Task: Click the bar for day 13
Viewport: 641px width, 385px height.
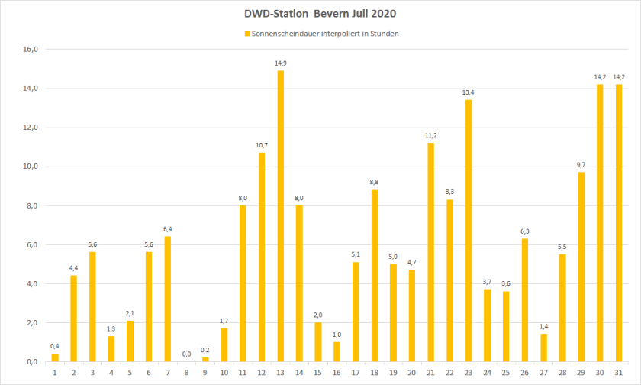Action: (x=281, y=216)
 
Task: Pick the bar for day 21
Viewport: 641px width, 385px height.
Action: (x=431, y=252)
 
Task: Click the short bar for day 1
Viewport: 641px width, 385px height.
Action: (x=55, y=357)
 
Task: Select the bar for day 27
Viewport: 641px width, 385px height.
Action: (x=543, y=348)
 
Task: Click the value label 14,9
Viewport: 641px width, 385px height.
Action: (x=281, y=63)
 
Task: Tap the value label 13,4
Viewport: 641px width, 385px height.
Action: (x=469, y=92)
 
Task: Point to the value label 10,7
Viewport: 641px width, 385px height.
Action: (x=262, y=145)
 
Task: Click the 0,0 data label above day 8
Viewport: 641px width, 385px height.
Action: (x=186, y=354)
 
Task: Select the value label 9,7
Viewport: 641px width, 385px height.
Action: (x=581, y=165)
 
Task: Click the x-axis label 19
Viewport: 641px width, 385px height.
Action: (x=394, y=373)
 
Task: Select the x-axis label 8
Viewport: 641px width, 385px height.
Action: (x=186, y=373)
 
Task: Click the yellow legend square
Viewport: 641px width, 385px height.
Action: (x=246, y=34)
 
